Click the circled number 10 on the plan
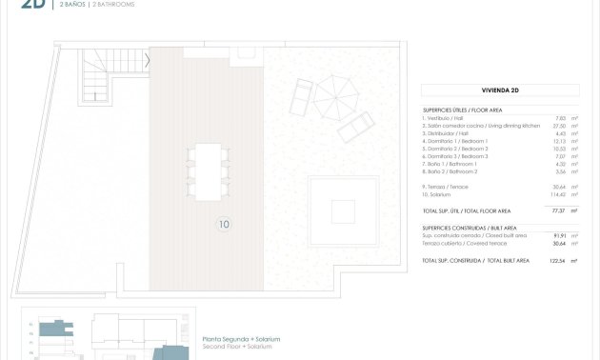(x=223, y=225)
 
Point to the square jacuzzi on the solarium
(x=343, y=209)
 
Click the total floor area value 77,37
(x=559, y=210)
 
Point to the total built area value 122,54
(x=557, y=260)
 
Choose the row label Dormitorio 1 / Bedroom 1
(x=455, y=141)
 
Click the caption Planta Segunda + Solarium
(x=241, y=339)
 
